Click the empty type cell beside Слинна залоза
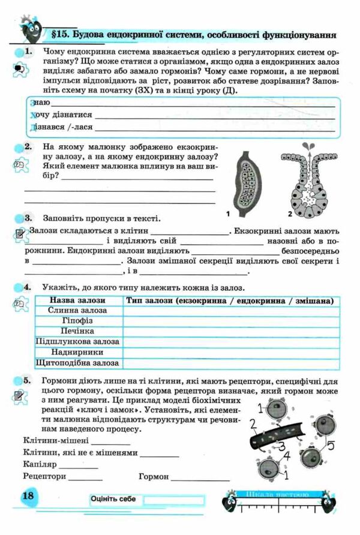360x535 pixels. [228, 311]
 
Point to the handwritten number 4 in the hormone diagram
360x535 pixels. [287, 457]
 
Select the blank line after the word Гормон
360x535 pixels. [200, 478]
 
